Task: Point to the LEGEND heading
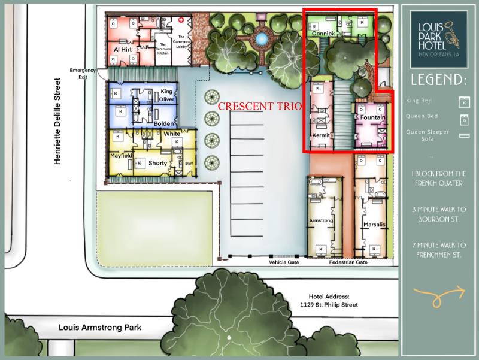point(439,80)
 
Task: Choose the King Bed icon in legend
point(462,101)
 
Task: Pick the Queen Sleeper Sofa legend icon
point(462,135)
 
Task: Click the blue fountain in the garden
point(261,39)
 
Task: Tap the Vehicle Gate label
point(284,262)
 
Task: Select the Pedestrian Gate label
point(348,262)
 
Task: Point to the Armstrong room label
point(320,220)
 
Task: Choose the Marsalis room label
point(374,225)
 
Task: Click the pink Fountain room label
point(372,118)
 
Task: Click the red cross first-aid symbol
point(181,20)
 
